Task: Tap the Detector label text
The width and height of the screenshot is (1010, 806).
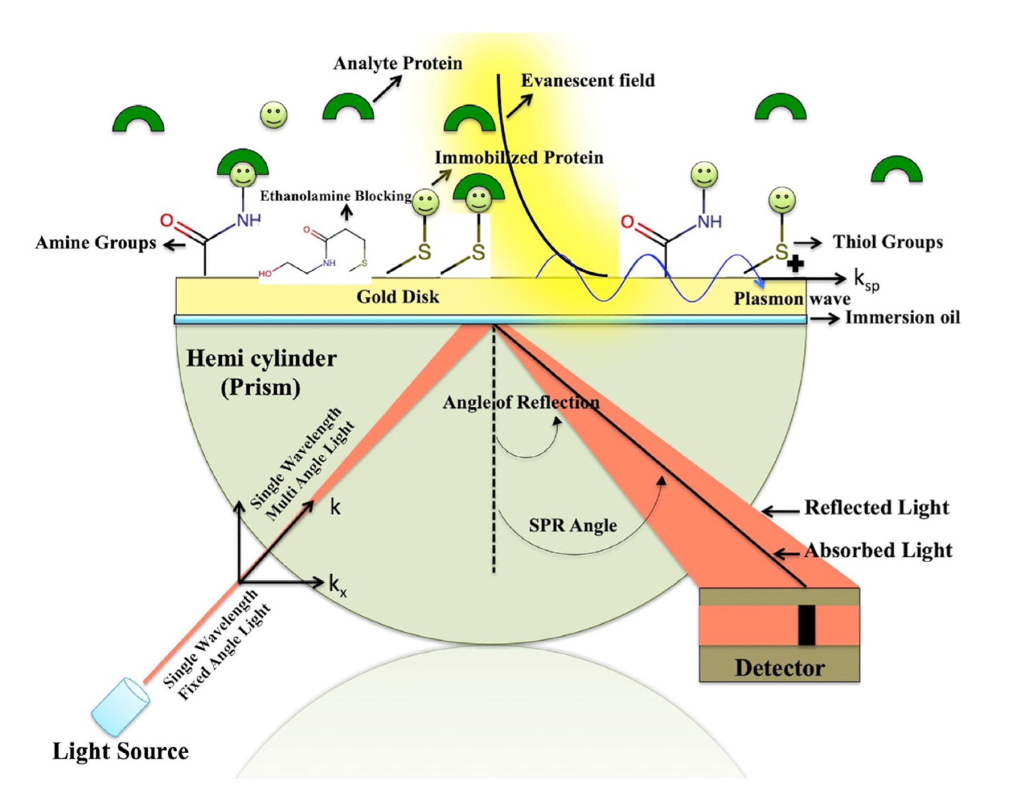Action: click(780, 668)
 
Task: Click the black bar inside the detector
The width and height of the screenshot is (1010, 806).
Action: click(807, 625)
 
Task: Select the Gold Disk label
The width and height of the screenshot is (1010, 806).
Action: click(398, 297)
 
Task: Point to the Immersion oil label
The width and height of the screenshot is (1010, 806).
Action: click(902, 318)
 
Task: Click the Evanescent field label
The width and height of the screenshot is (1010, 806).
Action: click(588, 80)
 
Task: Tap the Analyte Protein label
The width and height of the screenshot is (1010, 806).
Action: click(398, 63)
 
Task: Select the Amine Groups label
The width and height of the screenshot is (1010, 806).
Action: click(96, 243)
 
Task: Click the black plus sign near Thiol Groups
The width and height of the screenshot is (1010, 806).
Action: click(795, 265)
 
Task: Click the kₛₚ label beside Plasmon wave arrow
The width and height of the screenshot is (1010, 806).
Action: click(866, 281)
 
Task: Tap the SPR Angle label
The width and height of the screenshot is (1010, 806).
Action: click(573, 525)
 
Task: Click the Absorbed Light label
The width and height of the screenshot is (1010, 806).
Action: click(878, 551)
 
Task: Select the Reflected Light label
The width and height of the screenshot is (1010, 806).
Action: click(877, 508)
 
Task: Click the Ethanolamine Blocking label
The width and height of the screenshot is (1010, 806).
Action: click(335, 196)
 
